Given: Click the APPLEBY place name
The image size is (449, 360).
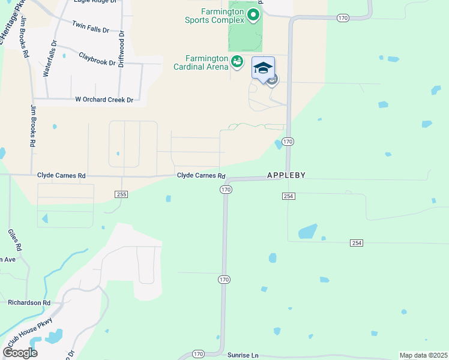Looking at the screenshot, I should (286, 175).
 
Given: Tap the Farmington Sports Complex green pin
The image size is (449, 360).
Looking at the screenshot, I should (253, 14).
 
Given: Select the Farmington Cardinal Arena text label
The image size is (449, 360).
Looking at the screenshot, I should (201, 62).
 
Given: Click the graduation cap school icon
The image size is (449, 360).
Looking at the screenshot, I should (263, 67).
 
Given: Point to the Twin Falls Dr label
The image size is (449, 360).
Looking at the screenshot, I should (90, 27).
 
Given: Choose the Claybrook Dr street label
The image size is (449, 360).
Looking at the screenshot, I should (97, 58).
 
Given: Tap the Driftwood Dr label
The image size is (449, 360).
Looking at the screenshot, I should (121, 49).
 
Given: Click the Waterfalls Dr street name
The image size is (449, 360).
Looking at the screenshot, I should (50, 58).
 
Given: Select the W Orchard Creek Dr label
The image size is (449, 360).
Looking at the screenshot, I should (103, 100).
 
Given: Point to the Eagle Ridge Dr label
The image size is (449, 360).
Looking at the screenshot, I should (94, 2).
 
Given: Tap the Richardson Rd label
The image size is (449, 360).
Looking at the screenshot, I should (29, 303).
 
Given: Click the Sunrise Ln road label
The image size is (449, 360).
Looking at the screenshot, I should (243, 355).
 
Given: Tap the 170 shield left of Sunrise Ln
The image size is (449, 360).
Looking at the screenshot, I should (199, 354).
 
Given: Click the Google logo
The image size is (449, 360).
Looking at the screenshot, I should (20, 352).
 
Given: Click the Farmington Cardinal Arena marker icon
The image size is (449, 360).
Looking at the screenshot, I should (238, 61).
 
